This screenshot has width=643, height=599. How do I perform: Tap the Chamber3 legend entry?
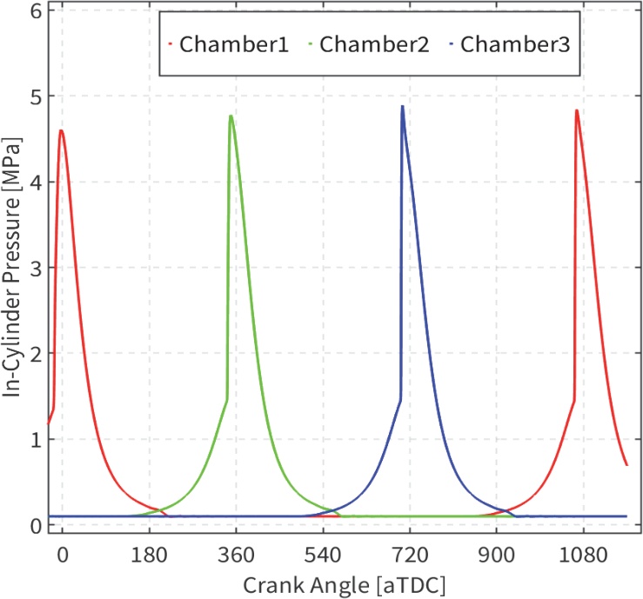[514, 44]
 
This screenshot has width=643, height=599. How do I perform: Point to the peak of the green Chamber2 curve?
[231, 116]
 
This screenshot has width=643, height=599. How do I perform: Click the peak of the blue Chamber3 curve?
[402, 106]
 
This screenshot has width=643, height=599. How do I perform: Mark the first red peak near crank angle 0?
[61, 130]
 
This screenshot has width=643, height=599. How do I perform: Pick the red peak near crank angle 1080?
[576, 110]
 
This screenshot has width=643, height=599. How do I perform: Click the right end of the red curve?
[626, 465]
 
